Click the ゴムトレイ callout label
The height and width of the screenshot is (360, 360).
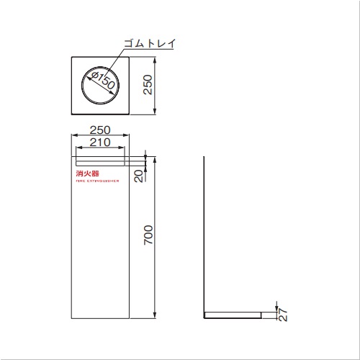(x=150, y=43)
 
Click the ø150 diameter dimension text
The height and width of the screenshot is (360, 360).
(x=103, y=80)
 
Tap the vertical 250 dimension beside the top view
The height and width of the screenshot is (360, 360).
(x=148, y=85)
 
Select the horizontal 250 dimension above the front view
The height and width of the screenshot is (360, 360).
(x=100, y=130)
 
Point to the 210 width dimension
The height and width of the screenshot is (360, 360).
(x=100, y=143)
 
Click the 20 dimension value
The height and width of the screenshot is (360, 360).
(x=139, y=176)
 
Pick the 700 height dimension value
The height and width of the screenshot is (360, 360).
(x=148, y=235)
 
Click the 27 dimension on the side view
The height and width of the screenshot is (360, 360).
(x=283, y=315)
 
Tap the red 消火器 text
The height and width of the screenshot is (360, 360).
(x=87, y=174)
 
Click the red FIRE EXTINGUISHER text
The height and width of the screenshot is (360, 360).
(x=97, y=181)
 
